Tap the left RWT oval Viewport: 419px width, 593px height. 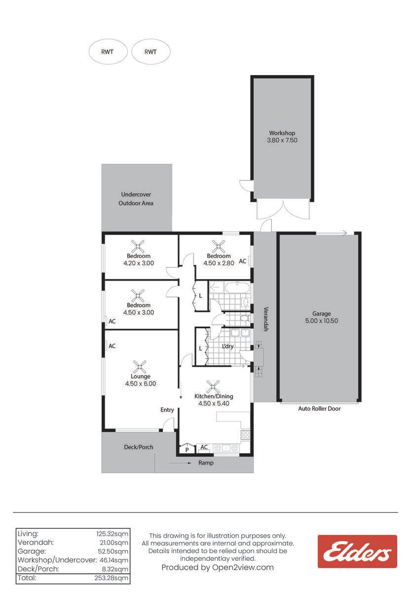click(x=108, y=51)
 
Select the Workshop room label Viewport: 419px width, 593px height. click(x=282, y=133)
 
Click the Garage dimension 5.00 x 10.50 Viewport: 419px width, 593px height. click(x=321, y=321)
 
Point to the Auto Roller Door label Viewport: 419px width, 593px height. click(x=319, y=409)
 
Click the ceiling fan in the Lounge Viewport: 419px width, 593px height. click(x=139, y=367)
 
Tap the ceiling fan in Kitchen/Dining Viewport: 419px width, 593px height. click(x=213, y=387)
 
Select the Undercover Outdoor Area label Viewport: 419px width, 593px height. click(x=136, y=199)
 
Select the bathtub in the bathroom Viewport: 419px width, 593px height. click(x=237, y=288)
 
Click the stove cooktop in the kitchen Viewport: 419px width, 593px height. click(x=245, y=434)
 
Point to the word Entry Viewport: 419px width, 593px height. click(x=167, y=410)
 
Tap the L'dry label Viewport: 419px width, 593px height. click(x=228, y=346)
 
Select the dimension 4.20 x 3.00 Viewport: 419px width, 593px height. click(x=139, y=263)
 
